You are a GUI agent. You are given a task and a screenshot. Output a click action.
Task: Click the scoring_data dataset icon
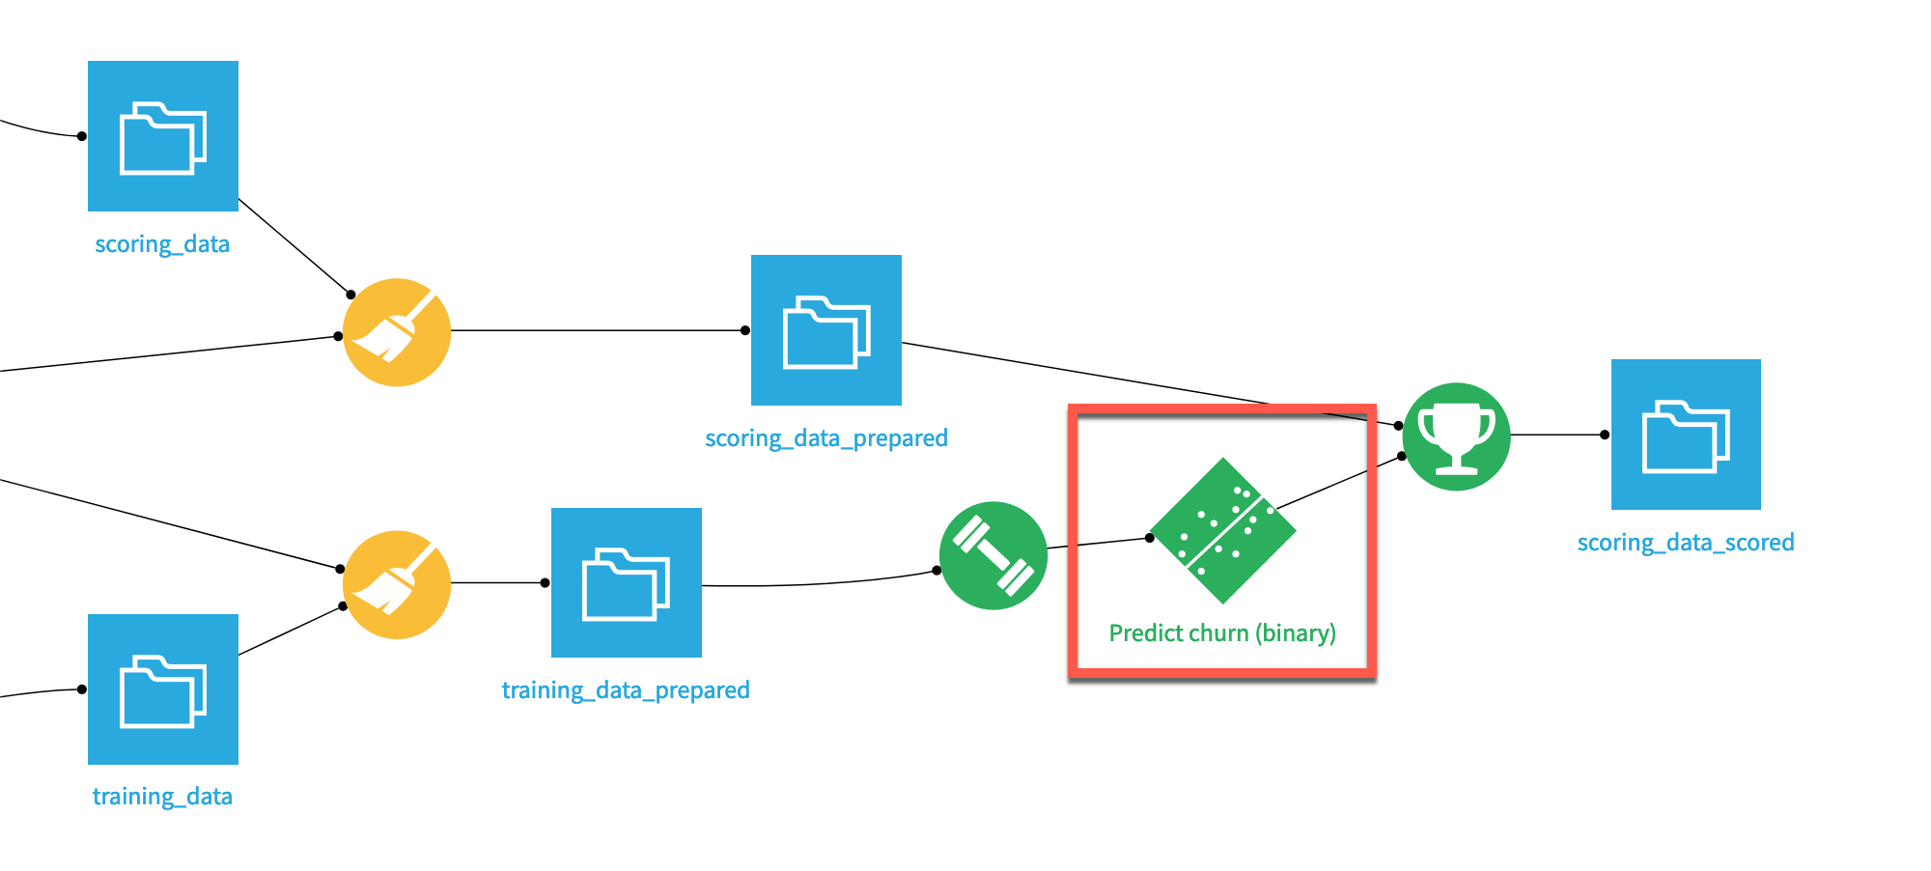tap(162, 136)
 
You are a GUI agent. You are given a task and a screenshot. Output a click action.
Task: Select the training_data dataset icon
tap(162, 689)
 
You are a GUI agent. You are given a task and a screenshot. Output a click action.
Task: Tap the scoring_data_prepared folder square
tap(826, 330)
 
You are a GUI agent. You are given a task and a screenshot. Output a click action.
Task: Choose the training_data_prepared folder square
tap(626, 583)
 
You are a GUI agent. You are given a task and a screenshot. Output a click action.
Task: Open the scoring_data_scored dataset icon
tap(1686, 435)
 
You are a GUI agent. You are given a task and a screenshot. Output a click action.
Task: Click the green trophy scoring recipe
tap(1456, 436)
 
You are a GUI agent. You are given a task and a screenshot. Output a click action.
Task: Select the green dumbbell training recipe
tap(993, 555)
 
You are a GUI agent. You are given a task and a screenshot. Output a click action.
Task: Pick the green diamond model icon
tap(1223, 531)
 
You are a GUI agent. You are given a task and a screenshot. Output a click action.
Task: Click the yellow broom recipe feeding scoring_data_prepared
tap(397, 332)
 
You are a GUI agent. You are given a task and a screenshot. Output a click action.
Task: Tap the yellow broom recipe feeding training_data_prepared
tap(397, 584)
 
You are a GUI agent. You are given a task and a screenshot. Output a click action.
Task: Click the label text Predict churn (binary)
tap(1222, 633)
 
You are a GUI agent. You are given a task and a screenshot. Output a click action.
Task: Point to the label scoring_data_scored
tap(1686, 543)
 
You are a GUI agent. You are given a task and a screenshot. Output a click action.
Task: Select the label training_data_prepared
tap(626, 690)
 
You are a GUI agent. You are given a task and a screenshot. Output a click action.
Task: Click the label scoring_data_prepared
tap(826, 438)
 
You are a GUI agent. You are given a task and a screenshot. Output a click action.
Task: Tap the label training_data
tap(162, 797)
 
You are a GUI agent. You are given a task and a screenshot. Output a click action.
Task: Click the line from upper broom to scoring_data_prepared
tap(599, 330)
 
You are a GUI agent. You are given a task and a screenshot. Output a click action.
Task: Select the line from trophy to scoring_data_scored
tap(1556, 435)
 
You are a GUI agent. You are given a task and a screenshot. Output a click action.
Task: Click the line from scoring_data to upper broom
tap(294, 246)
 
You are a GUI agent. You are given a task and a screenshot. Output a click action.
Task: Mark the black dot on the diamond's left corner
tap(1149, 538)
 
